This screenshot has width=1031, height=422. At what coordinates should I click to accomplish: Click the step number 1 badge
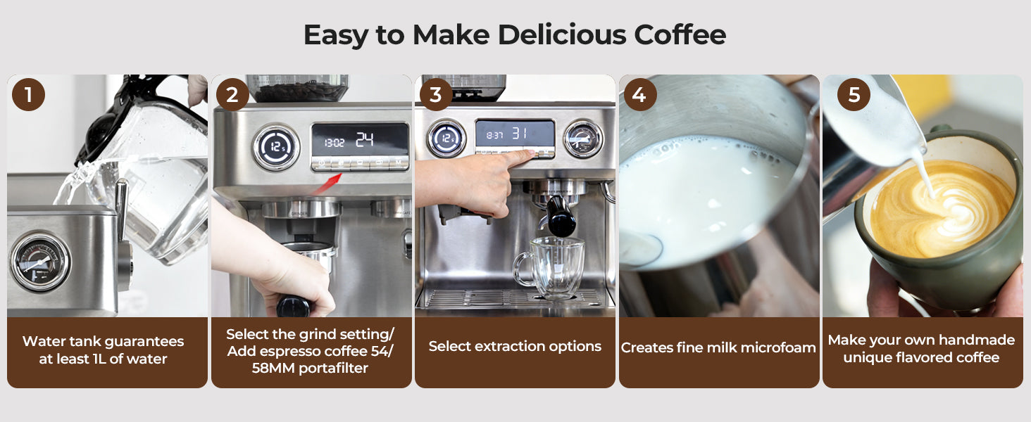29,95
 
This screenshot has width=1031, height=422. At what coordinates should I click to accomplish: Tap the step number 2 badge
232,95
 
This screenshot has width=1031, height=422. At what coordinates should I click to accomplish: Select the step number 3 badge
436,95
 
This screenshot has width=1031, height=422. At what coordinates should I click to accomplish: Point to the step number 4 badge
639,95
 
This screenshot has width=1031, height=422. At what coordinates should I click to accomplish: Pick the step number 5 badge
854,95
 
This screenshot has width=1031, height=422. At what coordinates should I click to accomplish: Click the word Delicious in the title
561,34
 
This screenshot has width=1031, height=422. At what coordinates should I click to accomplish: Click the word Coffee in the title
680,34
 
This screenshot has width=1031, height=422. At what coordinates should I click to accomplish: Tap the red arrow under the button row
327,183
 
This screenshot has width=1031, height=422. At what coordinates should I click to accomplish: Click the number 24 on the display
365,139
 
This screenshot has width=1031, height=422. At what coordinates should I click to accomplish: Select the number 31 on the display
519,134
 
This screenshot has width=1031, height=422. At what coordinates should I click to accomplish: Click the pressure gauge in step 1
40,262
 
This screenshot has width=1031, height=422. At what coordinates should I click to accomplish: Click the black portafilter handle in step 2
294,307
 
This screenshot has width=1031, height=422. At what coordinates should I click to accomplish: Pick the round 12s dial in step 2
276,147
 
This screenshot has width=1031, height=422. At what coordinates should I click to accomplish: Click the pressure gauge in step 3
584,139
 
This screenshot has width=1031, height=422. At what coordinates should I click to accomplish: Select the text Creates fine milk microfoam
718,347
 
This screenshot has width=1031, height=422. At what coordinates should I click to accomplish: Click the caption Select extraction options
515,346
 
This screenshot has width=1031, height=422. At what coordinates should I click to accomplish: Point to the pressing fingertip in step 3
530,154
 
